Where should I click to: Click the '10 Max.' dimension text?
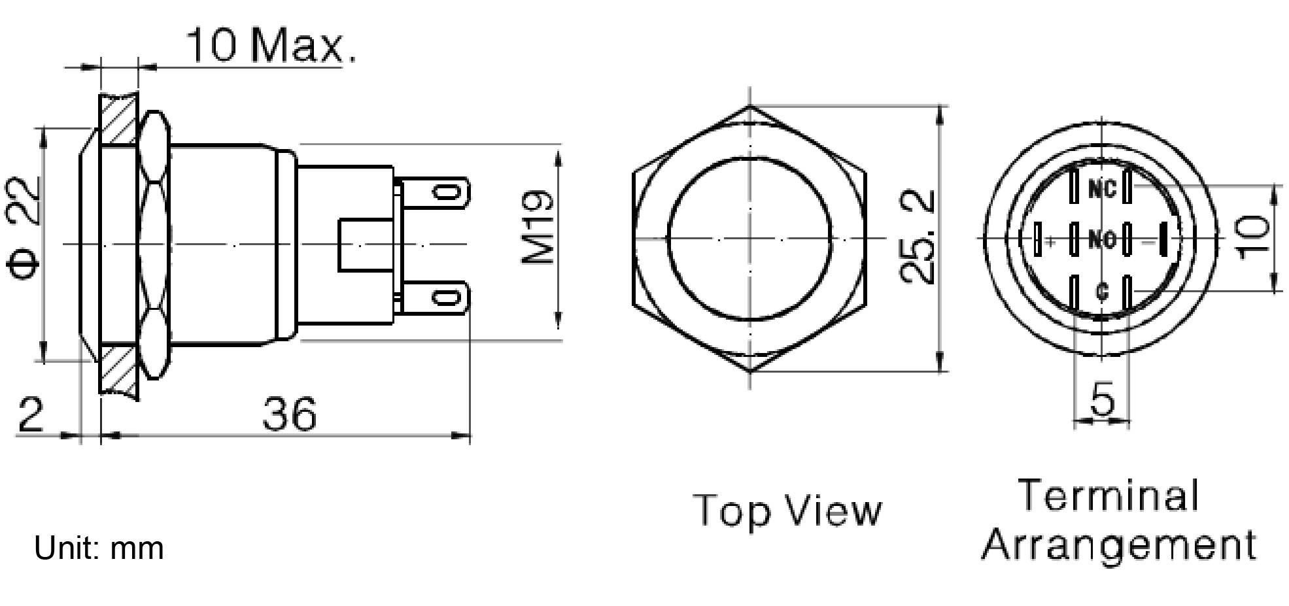tap(271, 46)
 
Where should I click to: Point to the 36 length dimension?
tap(289, 414)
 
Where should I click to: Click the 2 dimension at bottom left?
tap(29, 414)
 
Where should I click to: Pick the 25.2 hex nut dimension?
tap(917, 237)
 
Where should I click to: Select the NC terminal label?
tap(1102, 190)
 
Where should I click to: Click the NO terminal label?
tap(1102, 240)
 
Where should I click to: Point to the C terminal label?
tap(1102, 292)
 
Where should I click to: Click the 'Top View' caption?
tap(787, 511)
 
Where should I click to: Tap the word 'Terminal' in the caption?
tap(1109, 495)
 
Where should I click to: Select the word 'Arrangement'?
tap(1118, 545)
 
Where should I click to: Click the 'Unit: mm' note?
tap(99, 548)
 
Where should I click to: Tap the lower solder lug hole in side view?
tap(447, 298)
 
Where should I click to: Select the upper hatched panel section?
tap(119, 119)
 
